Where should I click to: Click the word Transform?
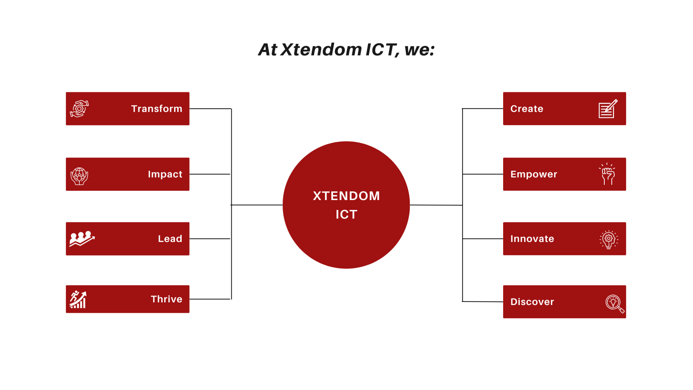click(x=157, y=109)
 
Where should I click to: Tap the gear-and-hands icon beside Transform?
click(x=80, y=109)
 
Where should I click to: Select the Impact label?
click(x=165, y=174)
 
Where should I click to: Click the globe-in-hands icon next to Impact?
click(x=80, y=176)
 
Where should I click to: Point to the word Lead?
click(x=170, y=239)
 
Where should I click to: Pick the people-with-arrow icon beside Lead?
click(x=82, y=239)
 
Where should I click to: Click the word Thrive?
click(x=166, y=299)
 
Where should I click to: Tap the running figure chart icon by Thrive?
click(x=78, y=299)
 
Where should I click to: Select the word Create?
click(x=527, y=109)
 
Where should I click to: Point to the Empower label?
click(x=534, y=174)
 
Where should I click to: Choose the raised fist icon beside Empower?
click(x=608, y=174)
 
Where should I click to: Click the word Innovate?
click(x=532, y=239)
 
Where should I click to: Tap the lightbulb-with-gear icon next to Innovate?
click(x=609, y=239)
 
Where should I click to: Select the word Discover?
click(x=532, y=302)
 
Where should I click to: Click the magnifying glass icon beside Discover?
click(x=614, y=303)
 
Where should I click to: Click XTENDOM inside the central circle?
click(x=346, y=196)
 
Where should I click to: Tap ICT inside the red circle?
click(x=346, y=214)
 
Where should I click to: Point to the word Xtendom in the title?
click(x=321, y=50)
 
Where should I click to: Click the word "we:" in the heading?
click(x=419, y=50)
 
